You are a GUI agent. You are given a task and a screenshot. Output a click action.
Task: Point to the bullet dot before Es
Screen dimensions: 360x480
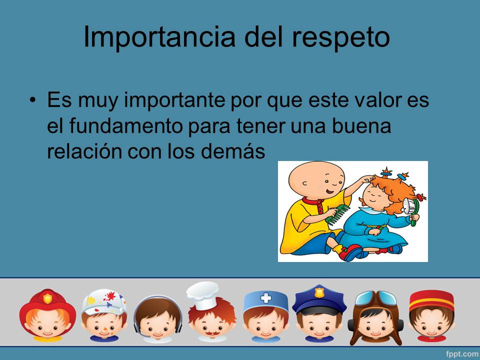(33, 100)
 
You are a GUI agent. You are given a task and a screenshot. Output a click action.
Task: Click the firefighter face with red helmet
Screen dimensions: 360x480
(47, 315)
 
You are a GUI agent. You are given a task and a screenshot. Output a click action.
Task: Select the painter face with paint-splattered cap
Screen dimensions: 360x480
(103, 315)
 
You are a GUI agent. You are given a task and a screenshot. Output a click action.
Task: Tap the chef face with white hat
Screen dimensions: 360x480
(211, 312)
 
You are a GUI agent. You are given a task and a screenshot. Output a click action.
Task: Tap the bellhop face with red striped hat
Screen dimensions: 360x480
(431, 315)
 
